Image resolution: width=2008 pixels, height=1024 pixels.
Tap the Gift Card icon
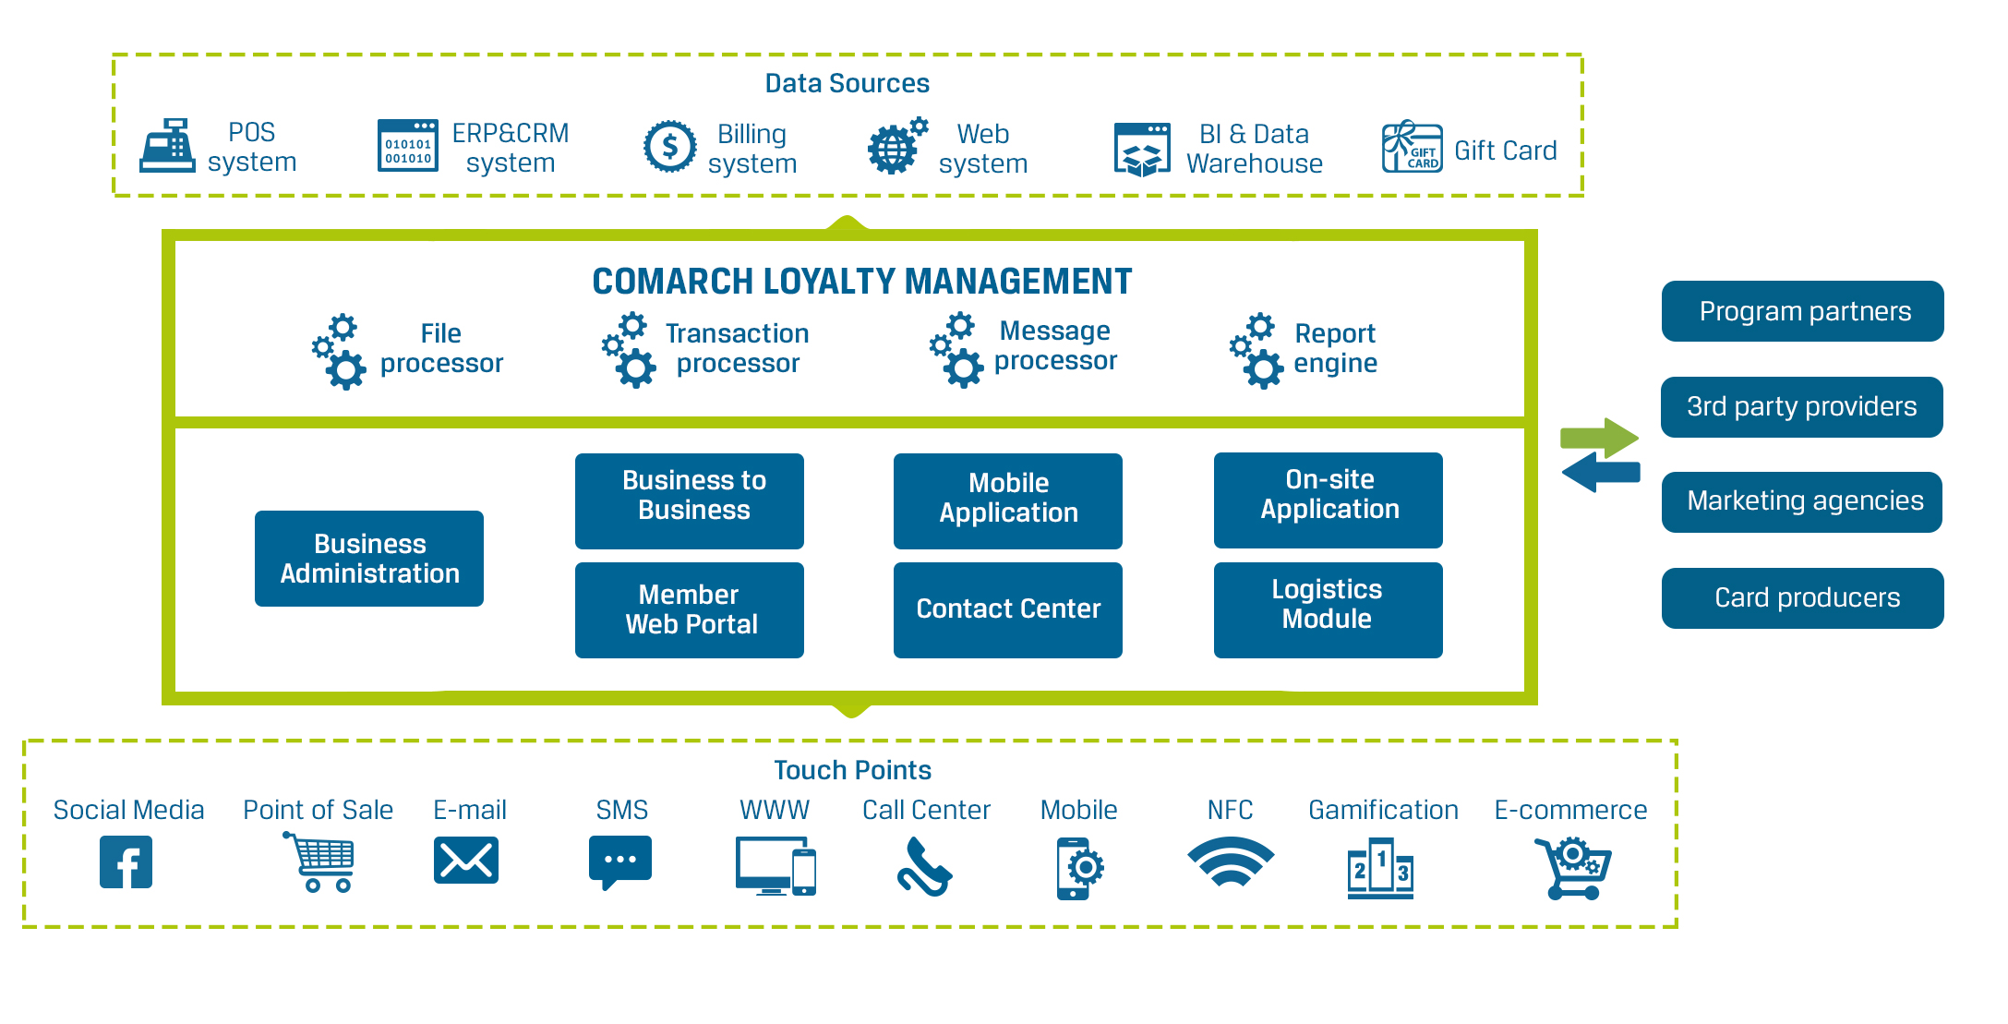click(1411, 148)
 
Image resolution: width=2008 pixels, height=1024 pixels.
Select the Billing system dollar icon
click(669, 147)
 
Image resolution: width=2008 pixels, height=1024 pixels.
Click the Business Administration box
click(369, 559)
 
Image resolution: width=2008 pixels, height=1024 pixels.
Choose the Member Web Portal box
click(690, 610)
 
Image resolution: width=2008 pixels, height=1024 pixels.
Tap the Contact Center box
click(1008, 610)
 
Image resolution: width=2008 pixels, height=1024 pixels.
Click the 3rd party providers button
click(1801, 407)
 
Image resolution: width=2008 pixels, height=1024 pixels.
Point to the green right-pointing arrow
click(1600, 437)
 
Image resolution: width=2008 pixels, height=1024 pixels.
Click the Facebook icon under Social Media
click(126, 862)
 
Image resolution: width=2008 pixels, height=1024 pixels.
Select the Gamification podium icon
click(1380, 868)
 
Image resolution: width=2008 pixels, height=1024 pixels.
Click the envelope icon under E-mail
click(466, 861)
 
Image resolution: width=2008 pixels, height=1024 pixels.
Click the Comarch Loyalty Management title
click(861, 282)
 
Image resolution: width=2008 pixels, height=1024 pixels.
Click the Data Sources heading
click(847, 84)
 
